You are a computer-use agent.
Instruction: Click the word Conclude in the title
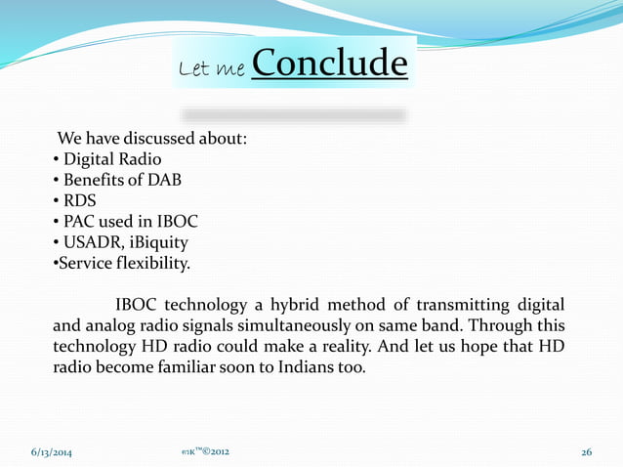[329, 64]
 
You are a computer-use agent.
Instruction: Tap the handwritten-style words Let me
[212, 68]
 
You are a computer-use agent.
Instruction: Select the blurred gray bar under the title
[293, 115]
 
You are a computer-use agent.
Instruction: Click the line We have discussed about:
[152, 138]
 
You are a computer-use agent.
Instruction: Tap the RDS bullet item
[80, 201]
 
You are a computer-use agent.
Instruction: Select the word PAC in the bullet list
[82, 222]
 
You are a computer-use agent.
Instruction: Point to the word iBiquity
[157, 243]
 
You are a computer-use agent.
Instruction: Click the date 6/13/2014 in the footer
[51, 452]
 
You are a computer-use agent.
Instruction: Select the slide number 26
[586, 452]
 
